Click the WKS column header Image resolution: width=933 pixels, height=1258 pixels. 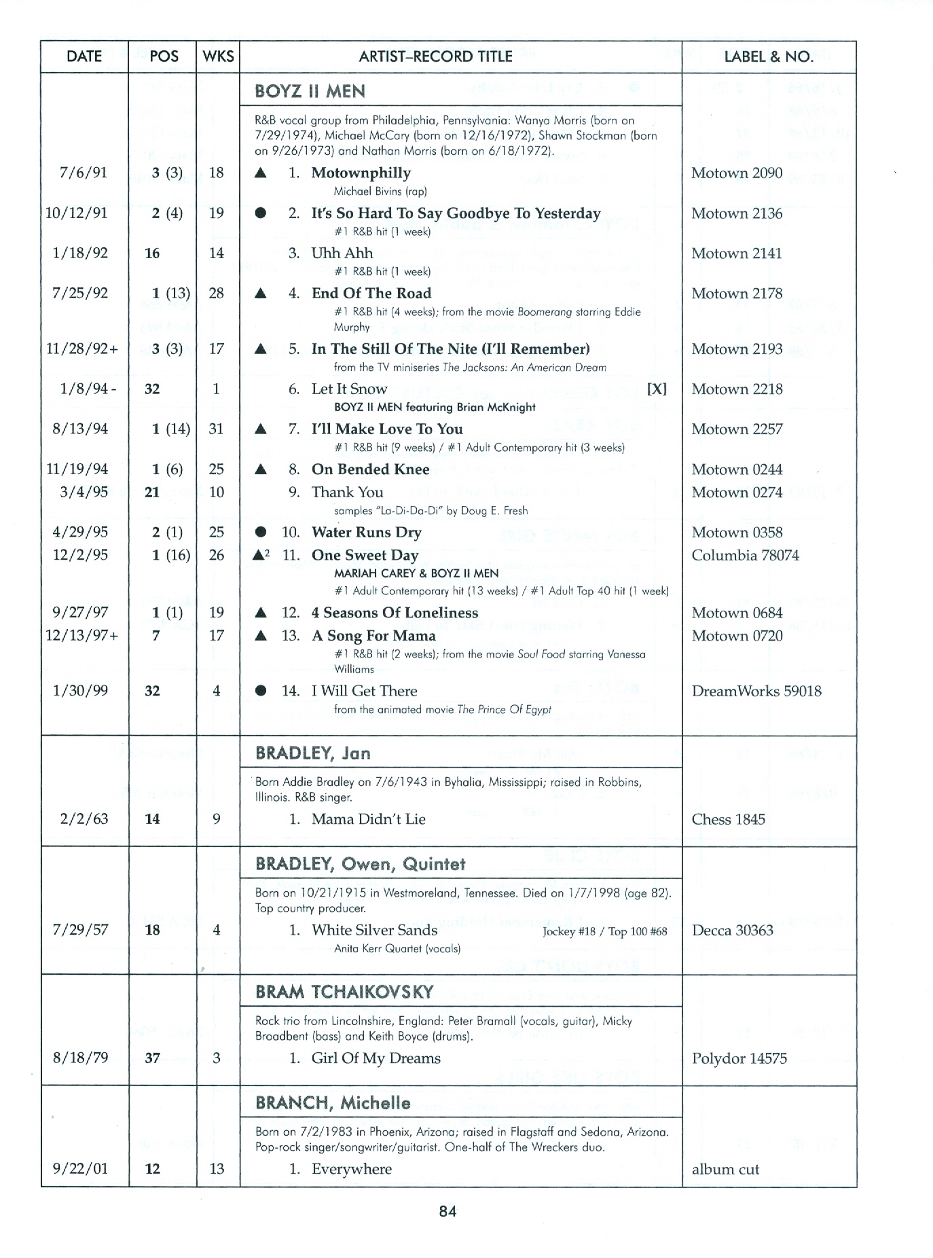point(218,57)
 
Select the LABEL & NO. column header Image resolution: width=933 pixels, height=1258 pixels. point(769,57)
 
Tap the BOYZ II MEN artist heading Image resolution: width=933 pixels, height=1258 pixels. point(310,92)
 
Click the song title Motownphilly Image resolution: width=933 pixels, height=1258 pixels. point(361,173)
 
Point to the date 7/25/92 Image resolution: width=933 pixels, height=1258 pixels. point(79,293)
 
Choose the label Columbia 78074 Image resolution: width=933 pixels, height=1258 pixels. point(745,556)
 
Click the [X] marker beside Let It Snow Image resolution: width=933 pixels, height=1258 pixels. point(657,389)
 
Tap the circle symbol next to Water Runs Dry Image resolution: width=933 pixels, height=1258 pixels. point(260,533)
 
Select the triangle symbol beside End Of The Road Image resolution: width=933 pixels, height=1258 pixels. point(260,293)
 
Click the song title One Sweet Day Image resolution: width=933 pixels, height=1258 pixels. point(365,556)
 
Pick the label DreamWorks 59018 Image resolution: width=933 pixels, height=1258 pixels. point(756,691)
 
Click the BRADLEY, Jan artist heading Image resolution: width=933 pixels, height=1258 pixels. point(312,753)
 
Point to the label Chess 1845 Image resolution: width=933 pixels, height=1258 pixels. point(728,819)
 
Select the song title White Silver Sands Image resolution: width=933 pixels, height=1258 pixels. point(374,931)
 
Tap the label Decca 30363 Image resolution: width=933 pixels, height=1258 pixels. point(732,931)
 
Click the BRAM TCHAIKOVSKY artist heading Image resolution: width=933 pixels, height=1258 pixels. point(344,992)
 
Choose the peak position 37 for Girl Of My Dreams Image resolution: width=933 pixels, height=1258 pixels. point(153,1058)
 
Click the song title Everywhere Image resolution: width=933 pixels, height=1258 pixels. point(351,1169)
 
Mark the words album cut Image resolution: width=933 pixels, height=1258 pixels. point(725,1170)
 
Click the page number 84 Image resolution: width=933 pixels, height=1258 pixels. point(447,1210)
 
